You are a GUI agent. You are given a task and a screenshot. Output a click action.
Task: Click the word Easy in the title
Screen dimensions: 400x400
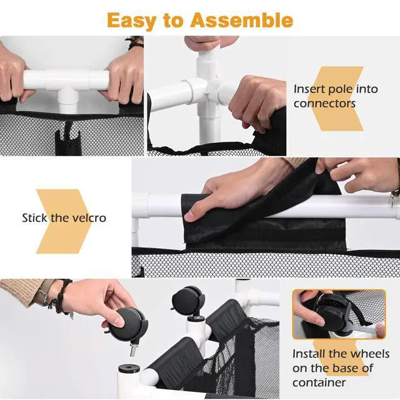click(131, 21)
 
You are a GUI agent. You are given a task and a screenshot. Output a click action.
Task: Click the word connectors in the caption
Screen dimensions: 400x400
click(324, 104)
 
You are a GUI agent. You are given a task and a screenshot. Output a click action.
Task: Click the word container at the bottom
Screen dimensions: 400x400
click(319, 382)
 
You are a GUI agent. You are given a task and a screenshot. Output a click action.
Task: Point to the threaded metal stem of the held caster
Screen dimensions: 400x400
click(132, 350)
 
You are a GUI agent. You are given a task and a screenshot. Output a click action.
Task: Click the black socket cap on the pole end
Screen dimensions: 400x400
click(129, 369)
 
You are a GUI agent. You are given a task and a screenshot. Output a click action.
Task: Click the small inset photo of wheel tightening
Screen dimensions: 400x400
click(339, 314)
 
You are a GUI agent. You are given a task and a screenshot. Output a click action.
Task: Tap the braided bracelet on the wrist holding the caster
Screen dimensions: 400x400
click(61, 296)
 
